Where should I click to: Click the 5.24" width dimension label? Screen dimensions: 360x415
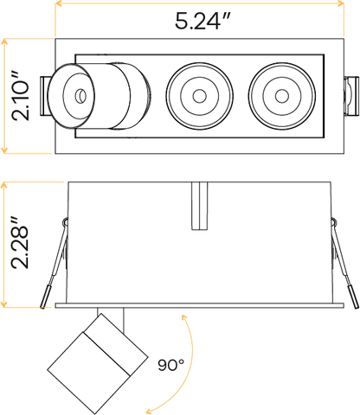click(202, 21)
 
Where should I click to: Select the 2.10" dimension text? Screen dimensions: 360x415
click(21, 96)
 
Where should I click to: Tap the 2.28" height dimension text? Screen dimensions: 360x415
click(20, 242)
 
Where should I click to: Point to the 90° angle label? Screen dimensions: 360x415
click(170, 365)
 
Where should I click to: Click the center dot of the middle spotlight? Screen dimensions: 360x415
click(199, 96)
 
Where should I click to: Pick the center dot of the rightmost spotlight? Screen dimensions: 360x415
click(282, 96)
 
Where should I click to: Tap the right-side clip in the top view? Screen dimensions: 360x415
click(351, 96)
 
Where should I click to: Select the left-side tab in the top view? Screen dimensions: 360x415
click(46, 96)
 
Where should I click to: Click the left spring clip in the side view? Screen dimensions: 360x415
click(55, 263)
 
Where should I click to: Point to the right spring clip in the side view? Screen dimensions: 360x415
click(344, 263)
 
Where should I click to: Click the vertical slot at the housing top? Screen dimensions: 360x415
click(200, 206)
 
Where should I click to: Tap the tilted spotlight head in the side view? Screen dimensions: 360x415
click(98, 364)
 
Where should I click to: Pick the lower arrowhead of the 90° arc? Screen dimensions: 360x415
click(150, 411)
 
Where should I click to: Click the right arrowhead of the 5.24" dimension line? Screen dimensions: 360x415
click(341, 3)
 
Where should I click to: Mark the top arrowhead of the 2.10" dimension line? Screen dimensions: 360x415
click(4, 42)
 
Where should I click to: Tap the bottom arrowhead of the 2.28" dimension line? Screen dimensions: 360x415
click(4, 303)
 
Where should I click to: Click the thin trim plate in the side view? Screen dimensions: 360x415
click(200, 305)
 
